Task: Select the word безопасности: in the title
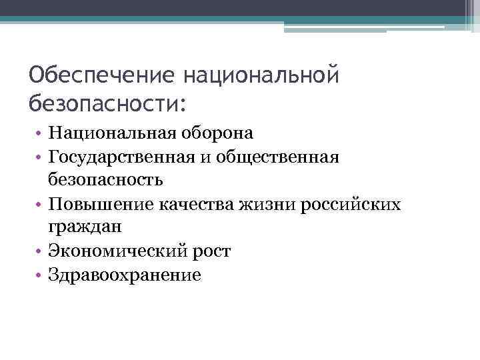pyautogui.click(x=109, y=103)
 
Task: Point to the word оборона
pyautogui.click(x=223, y=133)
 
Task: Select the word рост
pyautogui.click(x=212, y=251)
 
